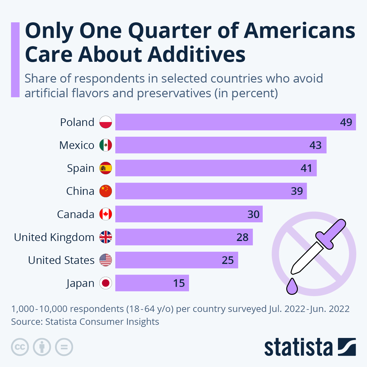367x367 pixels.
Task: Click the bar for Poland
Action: [x=235, y=122]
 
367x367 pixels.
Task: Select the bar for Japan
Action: [x=152, y=283]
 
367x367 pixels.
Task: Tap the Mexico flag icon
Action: [x=106, y=145]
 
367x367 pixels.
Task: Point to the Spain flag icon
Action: [x=106, y=168]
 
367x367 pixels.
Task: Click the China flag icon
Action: [x=106, y=191]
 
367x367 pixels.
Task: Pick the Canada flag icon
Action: [x=106, y=214]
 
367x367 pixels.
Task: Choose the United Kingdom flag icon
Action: [x=106, y=237]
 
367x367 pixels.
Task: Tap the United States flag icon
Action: [x=106, y=260]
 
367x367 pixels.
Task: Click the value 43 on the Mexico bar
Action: [x=315, y=145]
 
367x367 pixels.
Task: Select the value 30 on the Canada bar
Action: [x=253, y=214]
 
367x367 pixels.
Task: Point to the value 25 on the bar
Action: [x=228, y=260]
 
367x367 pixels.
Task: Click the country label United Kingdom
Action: [x=54, y=237]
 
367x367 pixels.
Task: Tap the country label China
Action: [x=80, y=191]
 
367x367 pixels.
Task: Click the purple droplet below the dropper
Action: [x=292, y=286]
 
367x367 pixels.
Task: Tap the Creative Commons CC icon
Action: [x=20, y=347]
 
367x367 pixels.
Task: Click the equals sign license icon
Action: [x=64, y=347]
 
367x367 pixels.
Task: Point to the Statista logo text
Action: [x=298, y=347]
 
